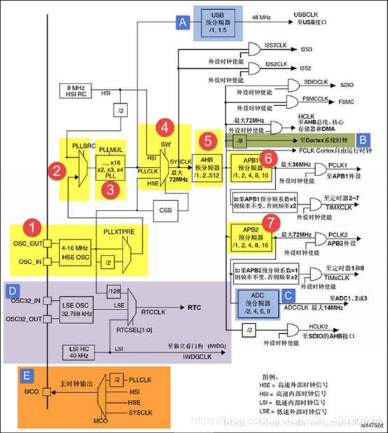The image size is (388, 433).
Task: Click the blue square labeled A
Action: click(181, 22)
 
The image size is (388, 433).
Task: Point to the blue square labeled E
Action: click(28, 375)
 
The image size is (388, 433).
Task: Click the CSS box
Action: click(166, 208)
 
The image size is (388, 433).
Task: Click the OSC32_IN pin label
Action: click(23, 300)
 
